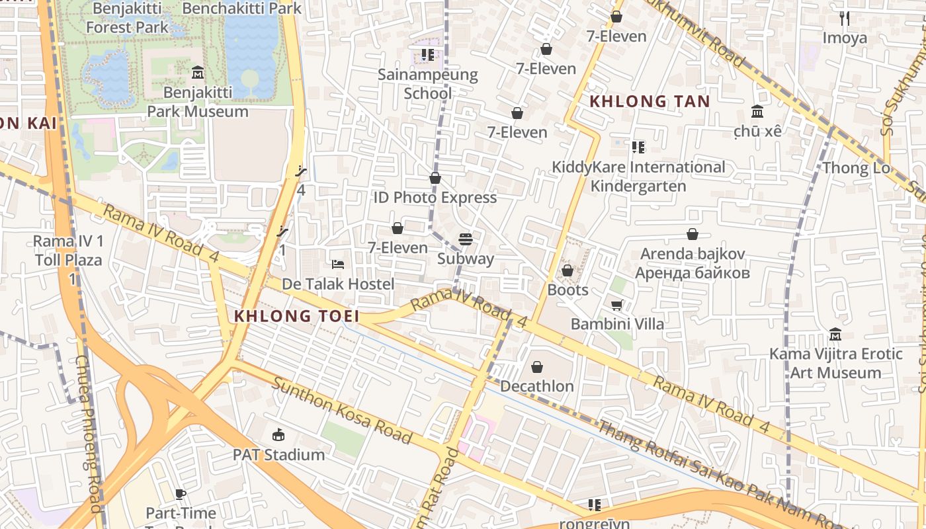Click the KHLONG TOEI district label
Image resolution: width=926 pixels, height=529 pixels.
pos(296,316)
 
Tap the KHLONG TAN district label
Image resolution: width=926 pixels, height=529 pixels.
pos(649,102)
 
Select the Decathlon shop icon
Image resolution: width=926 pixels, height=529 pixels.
pos(537,367)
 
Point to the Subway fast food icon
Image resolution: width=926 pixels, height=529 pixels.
pos(466,239)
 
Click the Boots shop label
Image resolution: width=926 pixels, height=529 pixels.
pos(568,290)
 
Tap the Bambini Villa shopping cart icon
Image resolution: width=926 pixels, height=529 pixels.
pos(616,305)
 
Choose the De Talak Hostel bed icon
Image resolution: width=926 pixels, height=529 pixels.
pos(337,264)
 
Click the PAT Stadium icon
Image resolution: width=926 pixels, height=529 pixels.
pos(278,435)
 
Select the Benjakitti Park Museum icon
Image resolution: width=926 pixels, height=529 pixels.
pos(197,72)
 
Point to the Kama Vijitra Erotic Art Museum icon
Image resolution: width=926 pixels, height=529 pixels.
pos(835,335)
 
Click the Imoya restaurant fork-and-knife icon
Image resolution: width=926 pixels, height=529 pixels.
pos(844,19)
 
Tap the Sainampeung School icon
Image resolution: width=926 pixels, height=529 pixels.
pos(428,55)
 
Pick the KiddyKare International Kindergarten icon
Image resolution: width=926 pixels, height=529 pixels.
pos(638,147)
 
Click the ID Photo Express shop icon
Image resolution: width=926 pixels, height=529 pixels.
pos(435,178)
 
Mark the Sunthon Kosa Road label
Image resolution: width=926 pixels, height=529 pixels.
pos(342,411)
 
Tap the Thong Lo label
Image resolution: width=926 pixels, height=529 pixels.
pos(856,168)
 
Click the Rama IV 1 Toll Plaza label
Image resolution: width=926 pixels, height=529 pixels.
pos(69,251)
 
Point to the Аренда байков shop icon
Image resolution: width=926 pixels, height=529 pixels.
pos(692,234)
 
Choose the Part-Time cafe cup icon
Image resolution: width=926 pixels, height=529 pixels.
pos(181,494)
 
